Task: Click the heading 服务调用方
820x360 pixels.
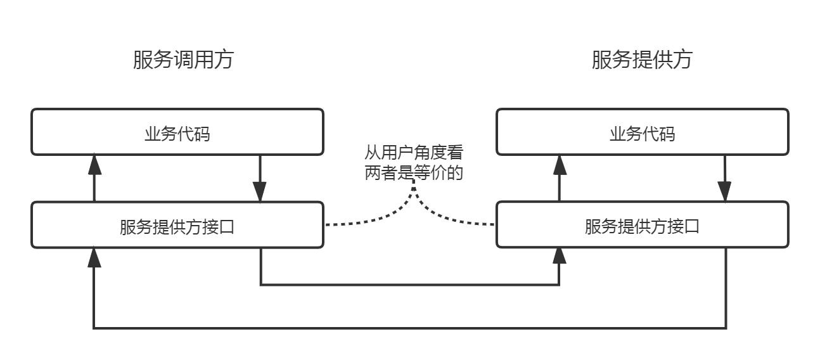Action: (183, 60)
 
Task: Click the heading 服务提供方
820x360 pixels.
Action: (641, 60)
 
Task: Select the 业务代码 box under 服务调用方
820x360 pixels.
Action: (177, 132)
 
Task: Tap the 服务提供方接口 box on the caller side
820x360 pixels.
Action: (177, 226)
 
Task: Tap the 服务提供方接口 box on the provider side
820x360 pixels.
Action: (642, 226)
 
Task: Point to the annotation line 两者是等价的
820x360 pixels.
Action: (413, 172)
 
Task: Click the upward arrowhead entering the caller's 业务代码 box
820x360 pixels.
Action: (94, 164)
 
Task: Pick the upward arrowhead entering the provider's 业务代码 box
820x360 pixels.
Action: (559, 164)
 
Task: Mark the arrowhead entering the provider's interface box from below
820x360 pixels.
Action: (559, 256)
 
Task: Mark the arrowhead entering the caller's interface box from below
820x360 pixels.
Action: (94, 256)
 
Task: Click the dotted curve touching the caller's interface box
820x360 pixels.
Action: (368, 220)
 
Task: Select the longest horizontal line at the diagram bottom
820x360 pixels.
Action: (410, 328)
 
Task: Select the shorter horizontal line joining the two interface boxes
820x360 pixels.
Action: (410, 285)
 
